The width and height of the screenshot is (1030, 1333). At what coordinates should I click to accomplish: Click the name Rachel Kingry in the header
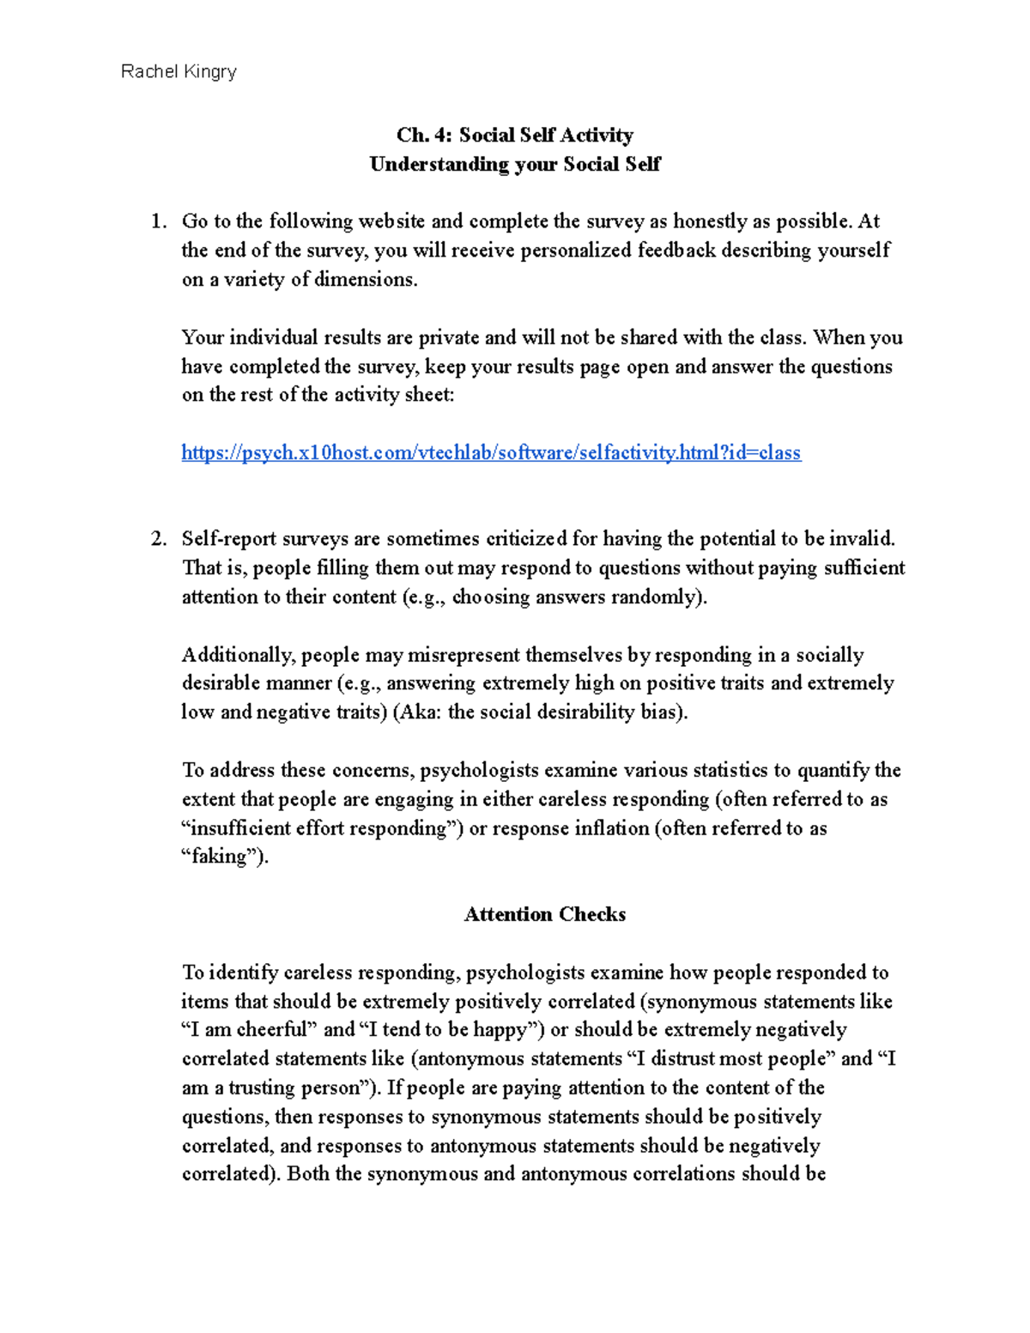(179, 71)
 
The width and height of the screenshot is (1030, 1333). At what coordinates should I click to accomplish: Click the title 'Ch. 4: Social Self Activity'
(514, 135)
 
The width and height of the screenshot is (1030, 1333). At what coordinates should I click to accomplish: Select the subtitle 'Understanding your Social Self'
(514, 164)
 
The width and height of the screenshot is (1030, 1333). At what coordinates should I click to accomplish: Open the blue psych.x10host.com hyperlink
(491, 452)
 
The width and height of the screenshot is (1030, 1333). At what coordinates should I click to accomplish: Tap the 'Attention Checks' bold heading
(544, 914)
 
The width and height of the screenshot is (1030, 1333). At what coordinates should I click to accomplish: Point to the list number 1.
(158, 221)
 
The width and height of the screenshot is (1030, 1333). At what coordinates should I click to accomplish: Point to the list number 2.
(158, 539)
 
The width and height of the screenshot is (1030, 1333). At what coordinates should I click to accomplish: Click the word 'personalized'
(578, 251)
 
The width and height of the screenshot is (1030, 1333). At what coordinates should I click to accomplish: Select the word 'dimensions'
(364, 280)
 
